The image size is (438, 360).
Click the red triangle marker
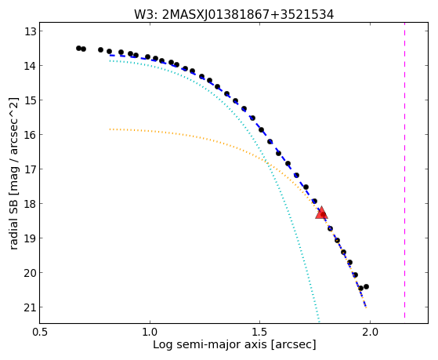[x=321, y=213]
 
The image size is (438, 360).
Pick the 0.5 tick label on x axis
[x=41, y=333]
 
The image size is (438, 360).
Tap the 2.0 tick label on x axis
[x=370, y=333]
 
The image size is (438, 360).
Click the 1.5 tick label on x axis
[x=260, y=333]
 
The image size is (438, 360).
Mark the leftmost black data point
[x=78, y=48]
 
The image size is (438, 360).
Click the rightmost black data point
[x=366, y=287]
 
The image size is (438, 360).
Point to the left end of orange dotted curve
[x=110, y=129]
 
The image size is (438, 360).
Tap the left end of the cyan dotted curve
[x=110, y=60]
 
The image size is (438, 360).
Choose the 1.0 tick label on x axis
[x=150, y=333]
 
